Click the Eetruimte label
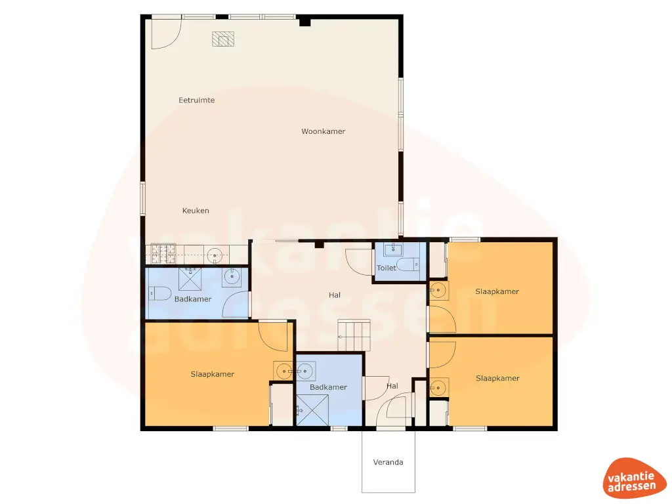click(x=197, y=100)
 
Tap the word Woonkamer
click(x=323, y=131)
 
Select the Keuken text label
click(x=196, y=211)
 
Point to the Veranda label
click(x=388, y=462)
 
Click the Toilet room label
click(x=386, y=268)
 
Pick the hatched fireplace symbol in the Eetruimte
click(x=223, y=39)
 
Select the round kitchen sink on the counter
click(x=215, y=255)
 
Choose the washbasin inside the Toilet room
click(x=392, y=249)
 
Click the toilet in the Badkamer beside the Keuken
click(x=156, y=294)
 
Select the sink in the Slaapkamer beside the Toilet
click(x=438, y=291)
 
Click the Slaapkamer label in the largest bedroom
click(x=213, y=374)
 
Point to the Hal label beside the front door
click(x=392, y=387)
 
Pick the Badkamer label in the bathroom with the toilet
click(x=193, y=299)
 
